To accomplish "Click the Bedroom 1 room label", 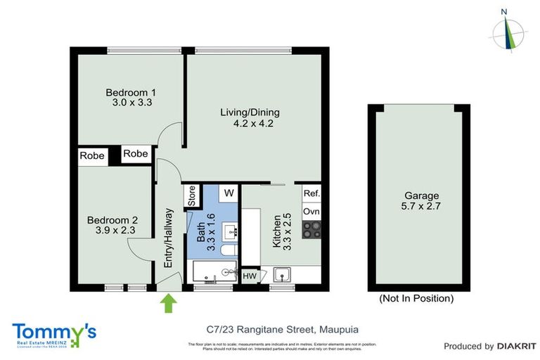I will click(131, 92).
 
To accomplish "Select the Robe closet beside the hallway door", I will click(136, 154).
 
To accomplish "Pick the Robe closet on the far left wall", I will click(93, 155).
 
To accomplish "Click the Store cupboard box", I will click(191, 196).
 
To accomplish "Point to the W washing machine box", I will click(228, 193).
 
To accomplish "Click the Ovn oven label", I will click(311, 211).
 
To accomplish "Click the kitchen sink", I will click(284, 274).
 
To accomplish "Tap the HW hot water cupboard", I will click(250, 276).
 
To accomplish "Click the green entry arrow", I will click(169, 304).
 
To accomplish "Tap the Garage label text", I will click(421, 196).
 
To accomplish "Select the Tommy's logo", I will click(54, 333).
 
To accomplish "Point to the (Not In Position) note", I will click(416, 298).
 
